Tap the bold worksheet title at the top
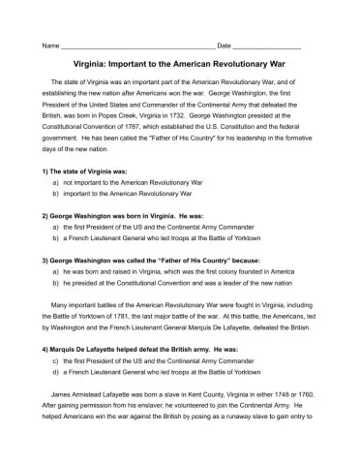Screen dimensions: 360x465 point(179,68)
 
